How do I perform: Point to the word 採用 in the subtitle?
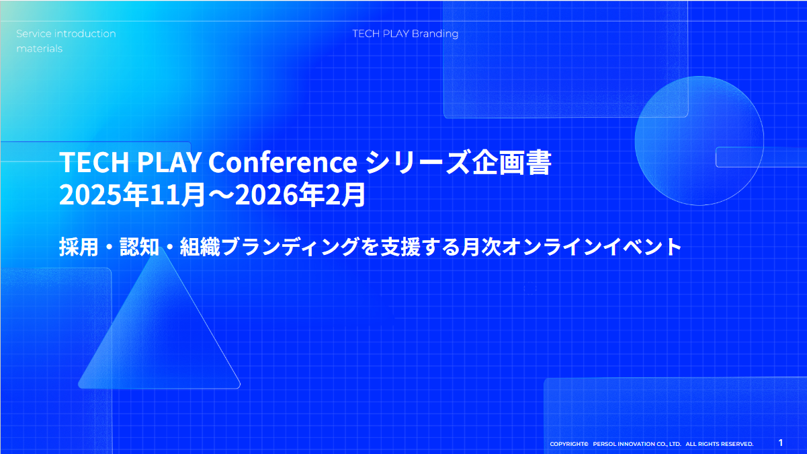75,248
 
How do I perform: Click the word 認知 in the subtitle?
139,248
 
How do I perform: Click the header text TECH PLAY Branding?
405,34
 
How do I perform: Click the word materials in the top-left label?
39,48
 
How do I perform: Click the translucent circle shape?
699,140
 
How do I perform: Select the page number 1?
780,443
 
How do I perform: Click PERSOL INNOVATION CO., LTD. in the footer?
637,444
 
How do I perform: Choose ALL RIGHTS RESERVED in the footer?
719,444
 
